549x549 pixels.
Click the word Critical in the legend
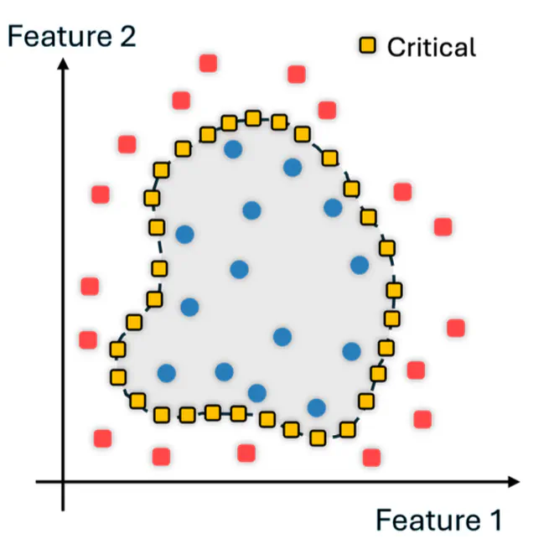[x=431, y=46]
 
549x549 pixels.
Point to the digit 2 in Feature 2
[x=125, y=37]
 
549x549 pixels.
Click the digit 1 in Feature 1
[x=492, y=520]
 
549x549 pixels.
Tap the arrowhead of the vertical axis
[x=63, y=61]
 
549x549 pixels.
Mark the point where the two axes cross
[x=63, y=482]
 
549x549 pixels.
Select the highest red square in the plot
[x=209, y=63]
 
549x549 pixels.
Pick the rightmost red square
[x=456, y=328]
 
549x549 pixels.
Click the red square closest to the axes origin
[x=103, y=438]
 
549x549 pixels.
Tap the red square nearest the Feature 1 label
[x=371, y=457]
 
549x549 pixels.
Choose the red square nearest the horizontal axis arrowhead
[x=422, y=417]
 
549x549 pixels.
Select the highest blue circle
[x=233, y=150]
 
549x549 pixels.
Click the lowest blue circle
[x=316, y=407]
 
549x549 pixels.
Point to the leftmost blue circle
[x=167, y=373]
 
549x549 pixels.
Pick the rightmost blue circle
[x=360, y=265]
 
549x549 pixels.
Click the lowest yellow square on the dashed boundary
[x=318, y=438]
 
